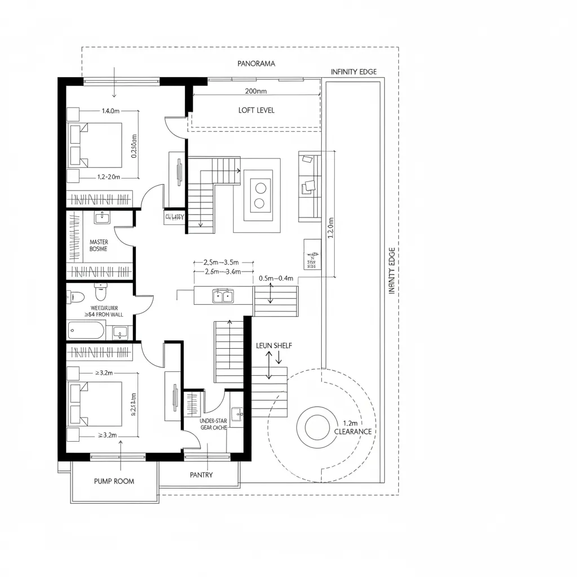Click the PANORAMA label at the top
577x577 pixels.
(256, 64)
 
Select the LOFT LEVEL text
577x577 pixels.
(256, 110)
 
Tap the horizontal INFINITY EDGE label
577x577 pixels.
(354, 72)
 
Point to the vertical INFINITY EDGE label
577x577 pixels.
(393, 271)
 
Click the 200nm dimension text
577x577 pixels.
(256, 91)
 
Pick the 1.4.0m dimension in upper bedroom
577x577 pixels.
(110, 111)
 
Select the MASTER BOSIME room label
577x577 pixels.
(99, 245)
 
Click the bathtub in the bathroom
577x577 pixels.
(86, 330)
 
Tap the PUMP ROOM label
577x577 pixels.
(114, 481)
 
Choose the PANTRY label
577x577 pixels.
(201, 475)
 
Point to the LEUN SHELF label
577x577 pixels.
(274, 345)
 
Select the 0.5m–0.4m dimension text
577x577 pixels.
(276, 278)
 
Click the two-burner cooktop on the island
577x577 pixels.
(260, 195)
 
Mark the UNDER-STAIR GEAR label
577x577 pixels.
(212, 424)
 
